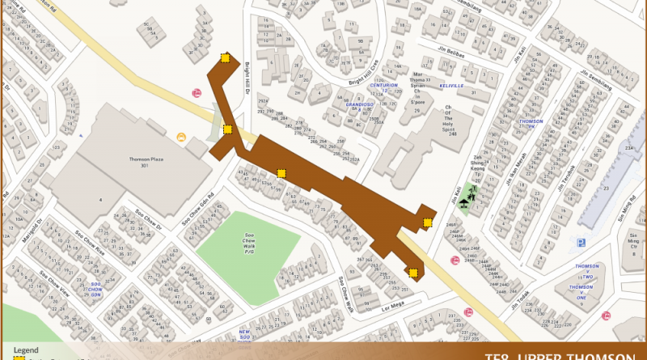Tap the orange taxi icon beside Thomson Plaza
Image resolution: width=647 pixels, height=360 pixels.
[x=181, y=137]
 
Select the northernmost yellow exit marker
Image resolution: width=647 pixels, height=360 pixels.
[x=226, y=58]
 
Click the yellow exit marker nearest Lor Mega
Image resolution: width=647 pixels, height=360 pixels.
[x=413, y=273]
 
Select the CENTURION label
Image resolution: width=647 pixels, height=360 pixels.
[x=384, y=85]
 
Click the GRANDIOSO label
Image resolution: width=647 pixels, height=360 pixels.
[x=357, y=104]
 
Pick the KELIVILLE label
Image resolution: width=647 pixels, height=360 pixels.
[x=451, y=85]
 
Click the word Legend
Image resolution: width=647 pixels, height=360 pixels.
[x=26, y=349]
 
